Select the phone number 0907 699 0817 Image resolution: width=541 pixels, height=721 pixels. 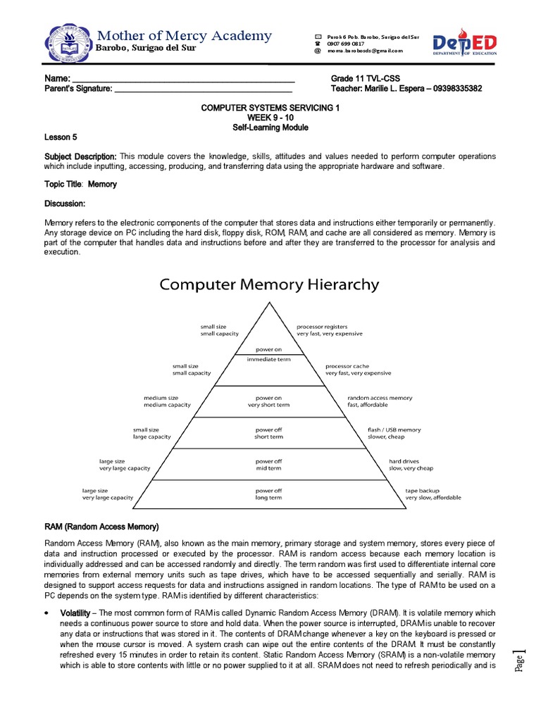(346, 43)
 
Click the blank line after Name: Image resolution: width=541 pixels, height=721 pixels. (183, 78)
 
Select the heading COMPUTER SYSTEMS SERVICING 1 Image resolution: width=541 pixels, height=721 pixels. (270, 108)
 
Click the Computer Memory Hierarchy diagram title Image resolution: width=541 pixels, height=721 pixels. (269, 284)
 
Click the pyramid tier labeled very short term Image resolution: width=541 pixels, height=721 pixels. (268, 401)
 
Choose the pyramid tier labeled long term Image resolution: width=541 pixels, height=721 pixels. (268, 494)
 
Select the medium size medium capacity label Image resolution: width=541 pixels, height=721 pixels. (168, 401)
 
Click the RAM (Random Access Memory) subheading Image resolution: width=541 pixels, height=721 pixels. (102, 527)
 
